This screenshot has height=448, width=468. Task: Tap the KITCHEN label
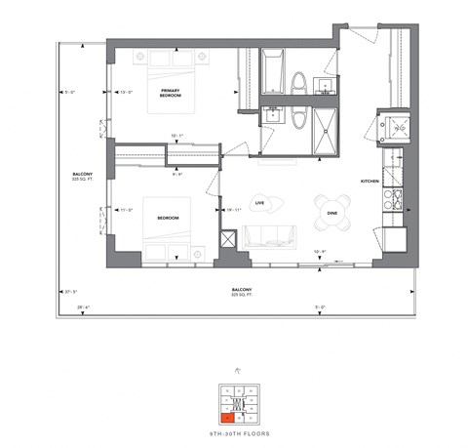point(370,182)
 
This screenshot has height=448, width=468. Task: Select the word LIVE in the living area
point(260,203)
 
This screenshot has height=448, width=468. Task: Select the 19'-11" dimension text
point(234,209)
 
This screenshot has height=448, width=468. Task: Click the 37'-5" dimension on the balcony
point(70,291)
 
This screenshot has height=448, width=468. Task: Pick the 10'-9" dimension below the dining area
point(318,252)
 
